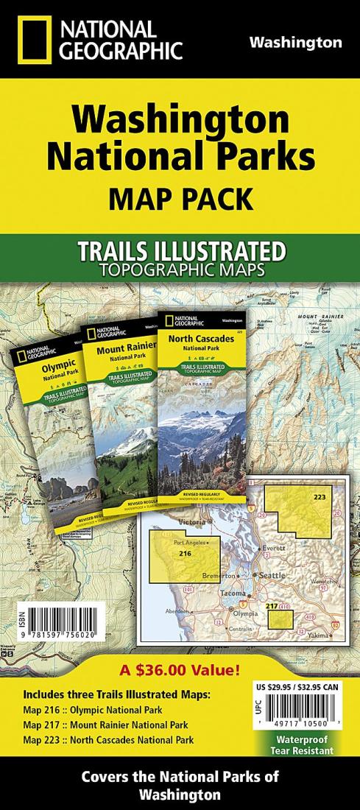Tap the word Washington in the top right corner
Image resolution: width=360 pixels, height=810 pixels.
[x=295, y=42]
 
